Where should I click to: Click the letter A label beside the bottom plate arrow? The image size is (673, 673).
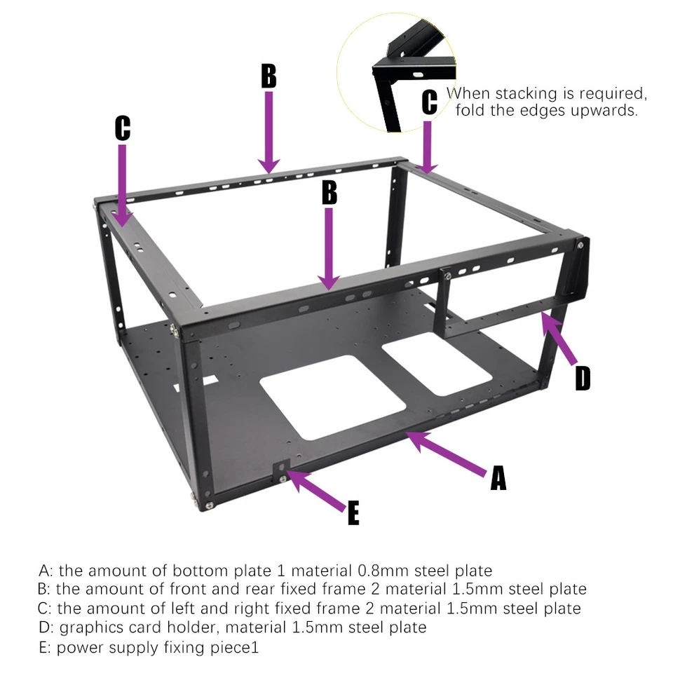[497, 478]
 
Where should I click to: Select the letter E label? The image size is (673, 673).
[353, 512]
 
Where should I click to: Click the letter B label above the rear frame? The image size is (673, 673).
[268, 76]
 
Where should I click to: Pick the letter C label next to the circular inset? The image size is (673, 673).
[429, 102]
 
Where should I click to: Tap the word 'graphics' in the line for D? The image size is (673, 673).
[89, 627]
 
